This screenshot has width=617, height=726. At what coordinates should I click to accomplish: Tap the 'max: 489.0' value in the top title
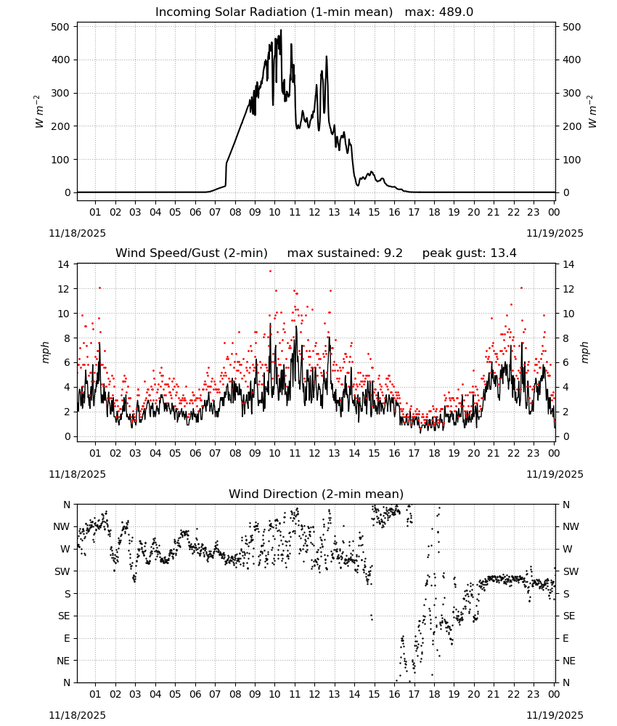click(439, 12)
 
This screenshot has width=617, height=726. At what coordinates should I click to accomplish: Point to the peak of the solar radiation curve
click(280, 30)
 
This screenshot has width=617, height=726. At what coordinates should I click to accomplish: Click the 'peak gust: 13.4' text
click(469, 253)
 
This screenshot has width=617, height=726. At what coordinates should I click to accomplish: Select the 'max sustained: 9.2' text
click(345, 253)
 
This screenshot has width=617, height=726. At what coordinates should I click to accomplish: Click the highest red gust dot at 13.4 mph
click(270, 272)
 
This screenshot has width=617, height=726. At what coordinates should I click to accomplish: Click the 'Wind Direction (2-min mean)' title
click(316, 494)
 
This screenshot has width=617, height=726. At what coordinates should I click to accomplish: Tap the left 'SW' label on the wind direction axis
click(62, 572)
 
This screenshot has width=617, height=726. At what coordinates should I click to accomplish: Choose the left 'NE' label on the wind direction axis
click(63, 661)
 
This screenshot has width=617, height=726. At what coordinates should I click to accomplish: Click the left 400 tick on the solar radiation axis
click(61, 60)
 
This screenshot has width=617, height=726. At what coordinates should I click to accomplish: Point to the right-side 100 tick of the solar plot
click(572, 160)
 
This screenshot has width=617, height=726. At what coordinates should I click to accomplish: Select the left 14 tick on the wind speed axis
click(64, 264)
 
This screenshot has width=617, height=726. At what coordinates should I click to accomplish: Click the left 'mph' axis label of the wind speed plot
click(45, 352)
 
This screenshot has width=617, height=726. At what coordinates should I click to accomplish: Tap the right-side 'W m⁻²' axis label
click(592, 112)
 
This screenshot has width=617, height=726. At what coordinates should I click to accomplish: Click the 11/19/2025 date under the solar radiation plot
click(555, 233)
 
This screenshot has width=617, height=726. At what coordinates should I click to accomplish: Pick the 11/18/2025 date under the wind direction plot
click(77, 715)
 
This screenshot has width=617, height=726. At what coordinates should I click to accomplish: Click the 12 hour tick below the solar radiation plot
click(314, 213)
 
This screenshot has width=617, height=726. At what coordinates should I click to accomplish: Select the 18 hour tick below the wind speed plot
click(434, 453)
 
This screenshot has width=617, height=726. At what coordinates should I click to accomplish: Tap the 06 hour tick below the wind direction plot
click(195, 695)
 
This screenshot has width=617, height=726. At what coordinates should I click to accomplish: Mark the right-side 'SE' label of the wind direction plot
click(569, 616)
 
